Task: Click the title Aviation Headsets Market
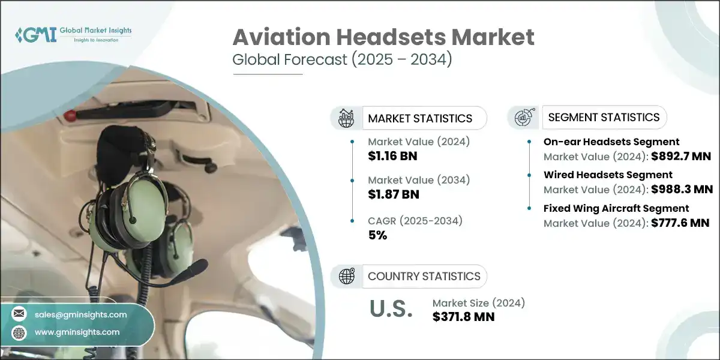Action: tap(383, 38)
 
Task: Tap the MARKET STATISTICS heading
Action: tap(420, 118)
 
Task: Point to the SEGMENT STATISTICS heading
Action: tap(604, 117)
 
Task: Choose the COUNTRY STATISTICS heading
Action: tap(424, 276)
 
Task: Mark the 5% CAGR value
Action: tap(377, 235)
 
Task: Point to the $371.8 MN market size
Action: tap(463, 317)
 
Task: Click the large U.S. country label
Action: tap(391, 309)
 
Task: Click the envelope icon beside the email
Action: tap(20, 314)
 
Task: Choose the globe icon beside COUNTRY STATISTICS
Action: tap(346, 276)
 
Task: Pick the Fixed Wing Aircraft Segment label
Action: tap(616, 208)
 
